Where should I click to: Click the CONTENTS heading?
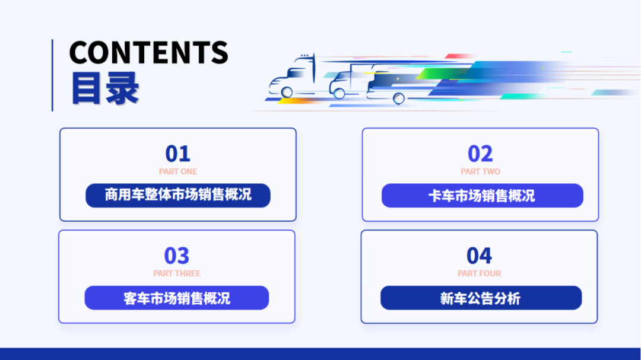coord(148,53)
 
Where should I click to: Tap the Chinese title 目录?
coord(105,89)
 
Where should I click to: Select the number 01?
coord(177,154)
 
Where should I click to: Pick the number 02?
coord(480,154)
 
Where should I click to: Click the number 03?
coord(176,256)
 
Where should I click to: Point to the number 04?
coord(479,256)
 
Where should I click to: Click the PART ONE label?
coord(178,171)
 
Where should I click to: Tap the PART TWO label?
coord(480,171)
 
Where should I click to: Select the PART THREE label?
coord(177,273)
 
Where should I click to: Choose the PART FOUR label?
coord(480,273)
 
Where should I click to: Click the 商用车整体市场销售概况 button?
coord(178,195)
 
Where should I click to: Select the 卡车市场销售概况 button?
coord(482,196)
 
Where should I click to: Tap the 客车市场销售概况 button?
coord(177,298)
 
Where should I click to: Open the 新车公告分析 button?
coord(481,298)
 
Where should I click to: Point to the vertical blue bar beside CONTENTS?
coord(52,75)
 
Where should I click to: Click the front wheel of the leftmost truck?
coord(287,92)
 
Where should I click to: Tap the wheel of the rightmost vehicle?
coord(399,98)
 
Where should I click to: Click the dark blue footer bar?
coord(320,353)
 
